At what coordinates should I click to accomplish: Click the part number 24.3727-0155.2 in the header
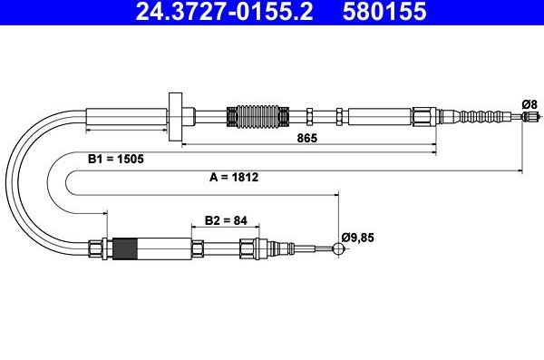pos(224,11)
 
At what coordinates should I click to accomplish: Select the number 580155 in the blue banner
pos(384,11)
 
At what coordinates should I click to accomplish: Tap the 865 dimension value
pos(307,138)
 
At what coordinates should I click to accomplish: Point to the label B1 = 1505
pos(115,159)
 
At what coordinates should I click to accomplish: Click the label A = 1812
pos(234,178)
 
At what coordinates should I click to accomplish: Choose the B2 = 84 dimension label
pos(226,220)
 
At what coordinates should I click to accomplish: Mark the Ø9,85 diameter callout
pos(358,238)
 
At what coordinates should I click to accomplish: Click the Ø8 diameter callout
pos(529,104)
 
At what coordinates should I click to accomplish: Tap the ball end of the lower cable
pos(338,248)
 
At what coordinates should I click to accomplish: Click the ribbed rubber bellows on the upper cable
pos(257,116)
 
